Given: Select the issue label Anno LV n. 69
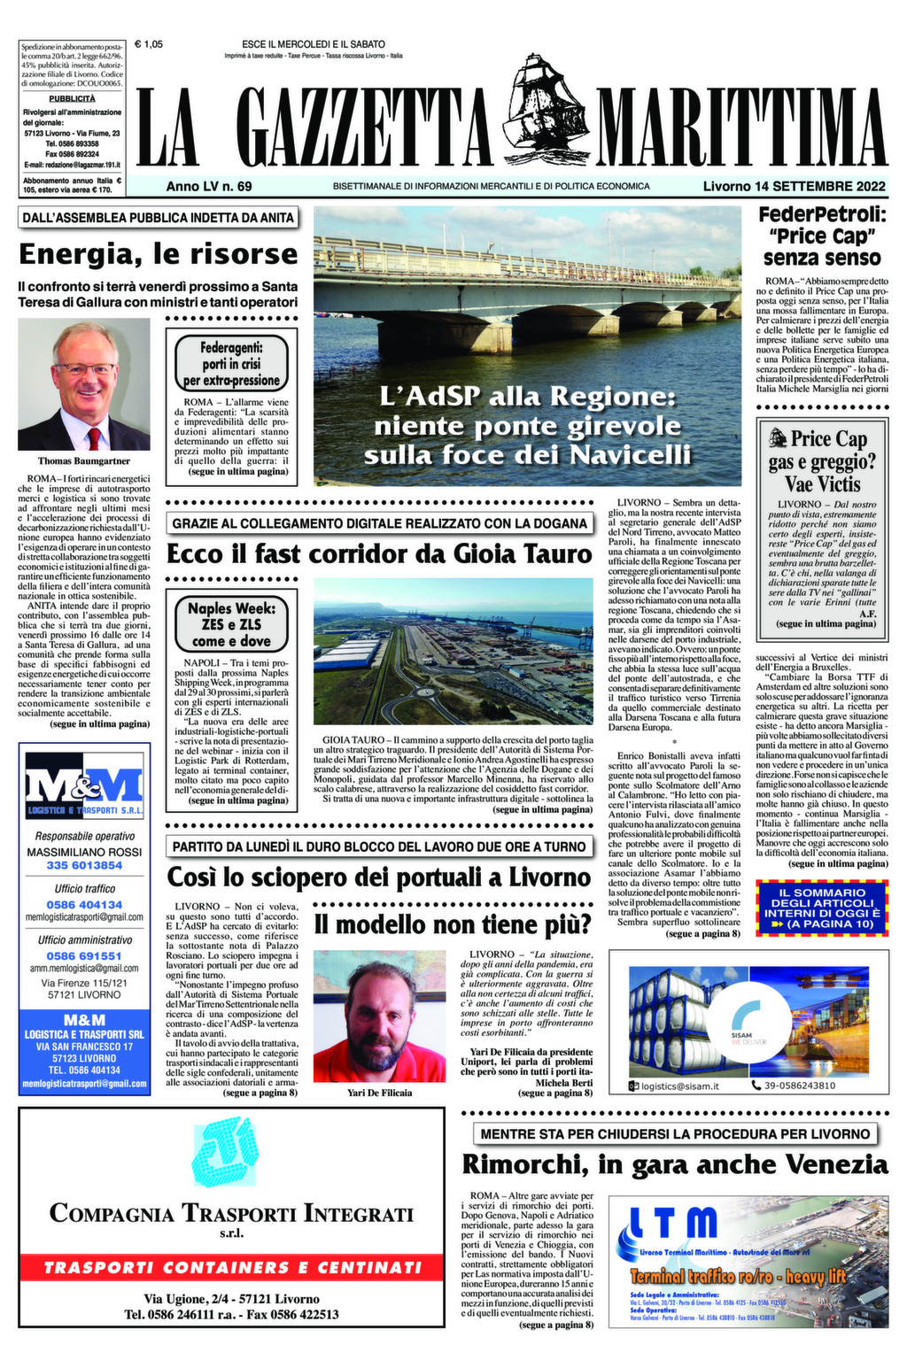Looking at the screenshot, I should (209, 186).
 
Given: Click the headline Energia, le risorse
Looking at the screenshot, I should (158, 254).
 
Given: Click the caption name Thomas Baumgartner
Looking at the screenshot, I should (84, 460).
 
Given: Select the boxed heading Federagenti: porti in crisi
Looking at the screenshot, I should (231, 364).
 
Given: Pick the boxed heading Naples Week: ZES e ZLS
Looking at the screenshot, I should (231, 623).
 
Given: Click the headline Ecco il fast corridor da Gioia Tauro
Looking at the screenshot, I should (379, 554).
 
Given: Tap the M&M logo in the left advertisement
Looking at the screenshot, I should (84, 788).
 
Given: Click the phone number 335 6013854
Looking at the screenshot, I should (84, 865).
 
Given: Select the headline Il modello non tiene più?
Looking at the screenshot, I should (453, 924).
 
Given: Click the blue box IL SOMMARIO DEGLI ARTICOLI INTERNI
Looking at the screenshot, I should (821, 908).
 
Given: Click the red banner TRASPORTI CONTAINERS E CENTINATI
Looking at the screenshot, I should (232, 1267).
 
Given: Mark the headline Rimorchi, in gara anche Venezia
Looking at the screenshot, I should (674, 1163).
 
